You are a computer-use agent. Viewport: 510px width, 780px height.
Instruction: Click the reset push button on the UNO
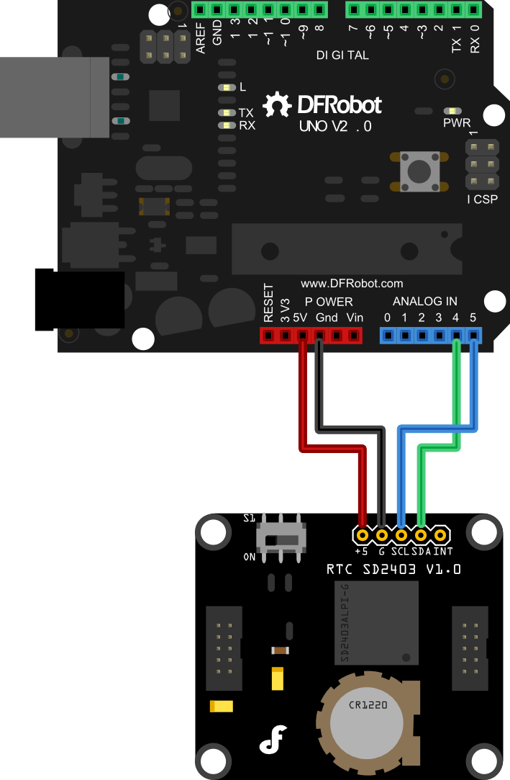[419, 171]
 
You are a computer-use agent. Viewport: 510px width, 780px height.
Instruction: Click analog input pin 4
[456, 335]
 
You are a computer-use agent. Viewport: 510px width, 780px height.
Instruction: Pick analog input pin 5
[473, 335]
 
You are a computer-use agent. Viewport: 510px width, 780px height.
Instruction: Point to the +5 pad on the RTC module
[363, 535]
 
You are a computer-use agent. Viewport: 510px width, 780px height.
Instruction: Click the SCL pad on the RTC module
[401, 535]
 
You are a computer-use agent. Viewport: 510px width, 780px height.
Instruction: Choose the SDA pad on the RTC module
[421, 535]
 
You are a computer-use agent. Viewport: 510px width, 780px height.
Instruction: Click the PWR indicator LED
[452, 112]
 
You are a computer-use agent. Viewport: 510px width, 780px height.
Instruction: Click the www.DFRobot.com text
[352, 284]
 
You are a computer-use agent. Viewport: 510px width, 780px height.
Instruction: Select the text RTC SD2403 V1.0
[393, 570]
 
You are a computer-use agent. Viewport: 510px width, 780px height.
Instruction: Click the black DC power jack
[79, 300]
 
